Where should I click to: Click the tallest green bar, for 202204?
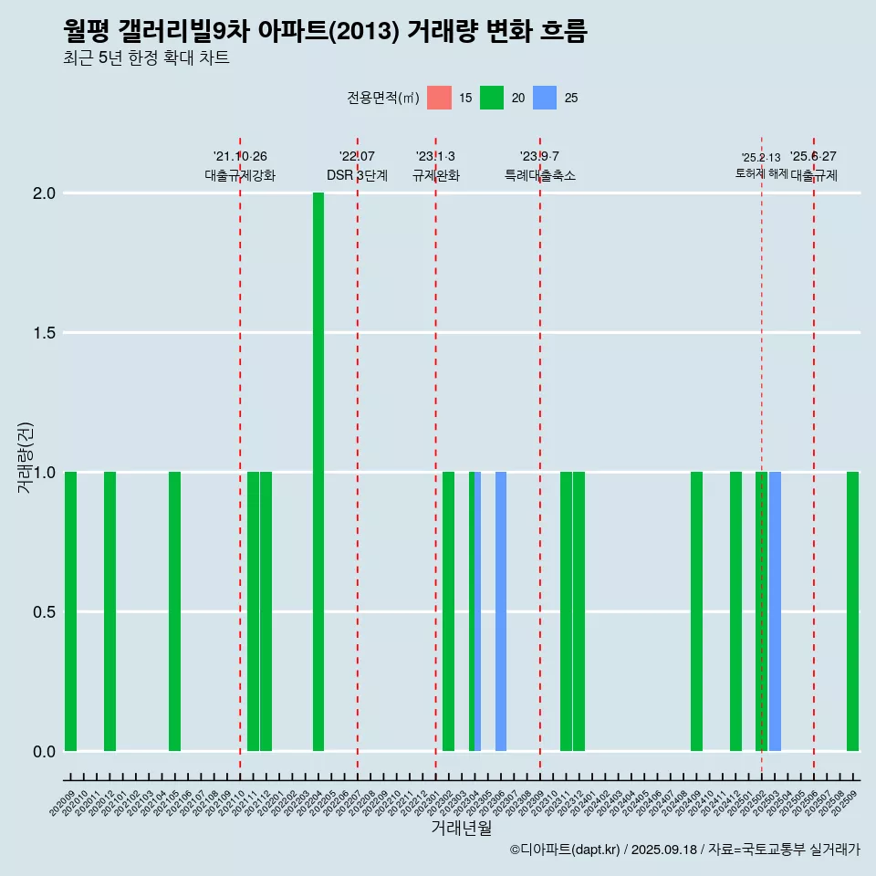[318, 472]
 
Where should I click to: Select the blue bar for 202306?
[501, 611]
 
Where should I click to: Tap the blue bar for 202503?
[775, 611]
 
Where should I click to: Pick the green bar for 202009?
[70, 611]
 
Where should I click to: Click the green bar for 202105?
[174, 611]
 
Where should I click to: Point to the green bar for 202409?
[696, 611]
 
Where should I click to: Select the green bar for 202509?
[852, 611]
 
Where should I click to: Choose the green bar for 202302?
[448, 611]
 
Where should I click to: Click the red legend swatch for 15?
[439, 98]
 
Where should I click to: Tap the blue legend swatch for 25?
[545, 98]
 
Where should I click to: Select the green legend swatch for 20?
[492, 98]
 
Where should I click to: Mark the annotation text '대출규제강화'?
[240, 175]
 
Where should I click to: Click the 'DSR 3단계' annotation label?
[357, 175]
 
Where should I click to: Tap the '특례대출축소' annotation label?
[540, 175]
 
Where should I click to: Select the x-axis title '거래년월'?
[461, 829]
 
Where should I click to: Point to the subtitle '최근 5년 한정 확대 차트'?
[146, 58]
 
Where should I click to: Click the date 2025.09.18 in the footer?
[663, 850]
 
